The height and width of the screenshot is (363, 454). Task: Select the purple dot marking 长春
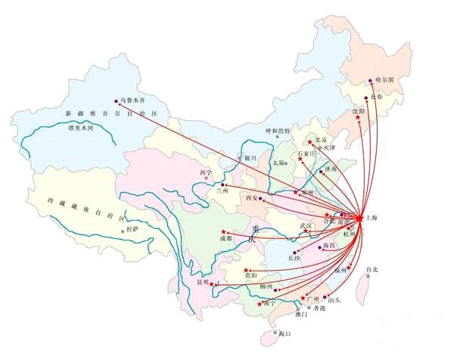coord(367,98)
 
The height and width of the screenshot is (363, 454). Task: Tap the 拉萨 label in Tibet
coord(132,228)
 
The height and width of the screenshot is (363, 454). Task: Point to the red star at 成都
coord(223,231)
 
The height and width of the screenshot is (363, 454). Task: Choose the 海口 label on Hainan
coord(285,334)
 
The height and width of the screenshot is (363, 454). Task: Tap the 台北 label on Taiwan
coord(370,269)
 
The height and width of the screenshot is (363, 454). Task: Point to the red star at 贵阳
coord(245,270)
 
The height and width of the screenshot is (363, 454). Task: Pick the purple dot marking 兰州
coord(222,184)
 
